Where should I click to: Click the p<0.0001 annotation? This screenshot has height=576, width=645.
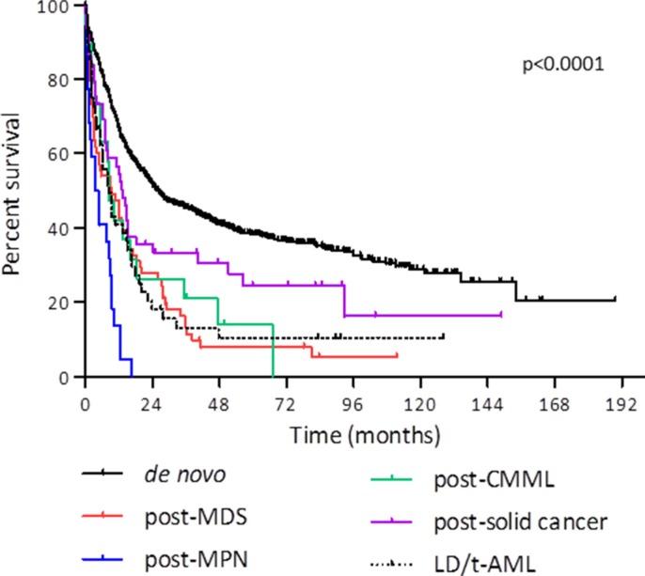(562, 65)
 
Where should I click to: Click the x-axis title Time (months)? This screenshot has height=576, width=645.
(365, 436)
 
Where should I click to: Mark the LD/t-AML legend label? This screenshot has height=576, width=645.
(483, 563)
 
